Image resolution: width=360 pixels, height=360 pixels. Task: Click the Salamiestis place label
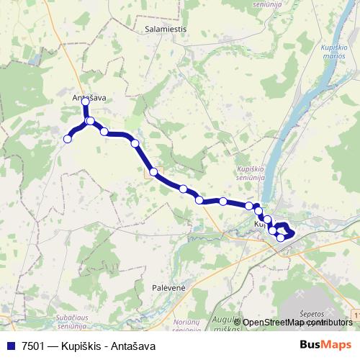click(x=166, y=30)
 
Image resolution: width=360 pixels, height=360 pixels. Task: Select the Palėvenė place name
click(x=169, y=287)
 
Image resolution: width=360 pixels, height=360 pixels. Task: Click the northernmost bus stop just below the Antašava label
click(x=86, y=102)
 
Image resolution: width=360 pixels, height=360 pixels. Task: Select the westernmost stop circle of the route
click(x=68, y=139)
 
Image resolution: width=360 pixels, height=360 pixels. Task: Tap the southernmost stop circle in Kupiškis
click(x=281, y=237)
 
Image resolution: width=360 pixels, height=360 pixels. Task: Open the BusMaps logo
click(x=325, y=345)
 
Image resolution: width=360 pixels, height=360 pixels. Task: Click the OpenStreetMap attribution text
click(x=274, y=322)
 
